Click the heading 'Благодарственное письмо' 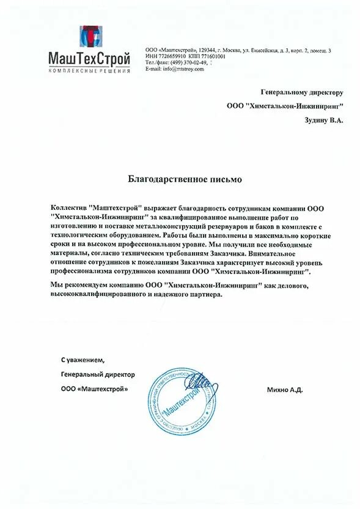click(185, 179)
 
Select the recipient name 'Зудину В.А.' click(324, 121)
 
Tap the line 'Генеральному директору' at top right click(302, 92)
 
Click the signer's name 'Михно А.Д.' click(285, 389)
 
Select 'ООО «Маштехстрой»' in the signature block click(95, 389)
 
